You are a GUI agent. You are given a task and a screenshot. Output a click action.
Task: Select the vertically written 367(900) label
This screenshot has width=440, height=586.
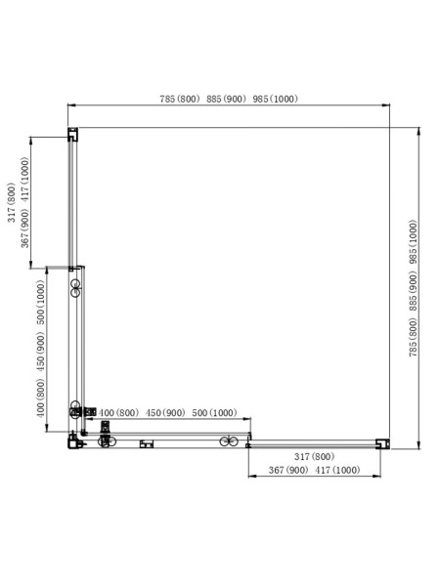point(24,230)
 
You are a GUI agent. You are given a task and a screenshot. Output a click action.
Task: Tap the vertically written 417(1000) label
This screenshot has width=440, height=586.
point(24,182)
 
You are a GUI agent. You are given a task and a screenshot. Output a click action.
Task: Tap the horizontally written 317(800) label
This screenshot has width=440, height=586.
point(314,457)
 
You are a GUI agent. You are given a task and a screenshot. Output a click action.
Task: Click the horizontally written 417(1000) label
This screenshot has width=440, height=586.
point(333,470)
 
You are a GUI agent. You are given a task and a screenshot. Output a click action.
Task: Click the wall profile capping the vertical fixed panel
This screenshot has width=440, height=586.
point(72,136)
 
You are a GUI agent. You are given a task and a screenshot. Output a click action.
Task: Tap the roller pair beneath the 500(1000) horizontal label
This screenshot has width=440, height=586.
point(231,441)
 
